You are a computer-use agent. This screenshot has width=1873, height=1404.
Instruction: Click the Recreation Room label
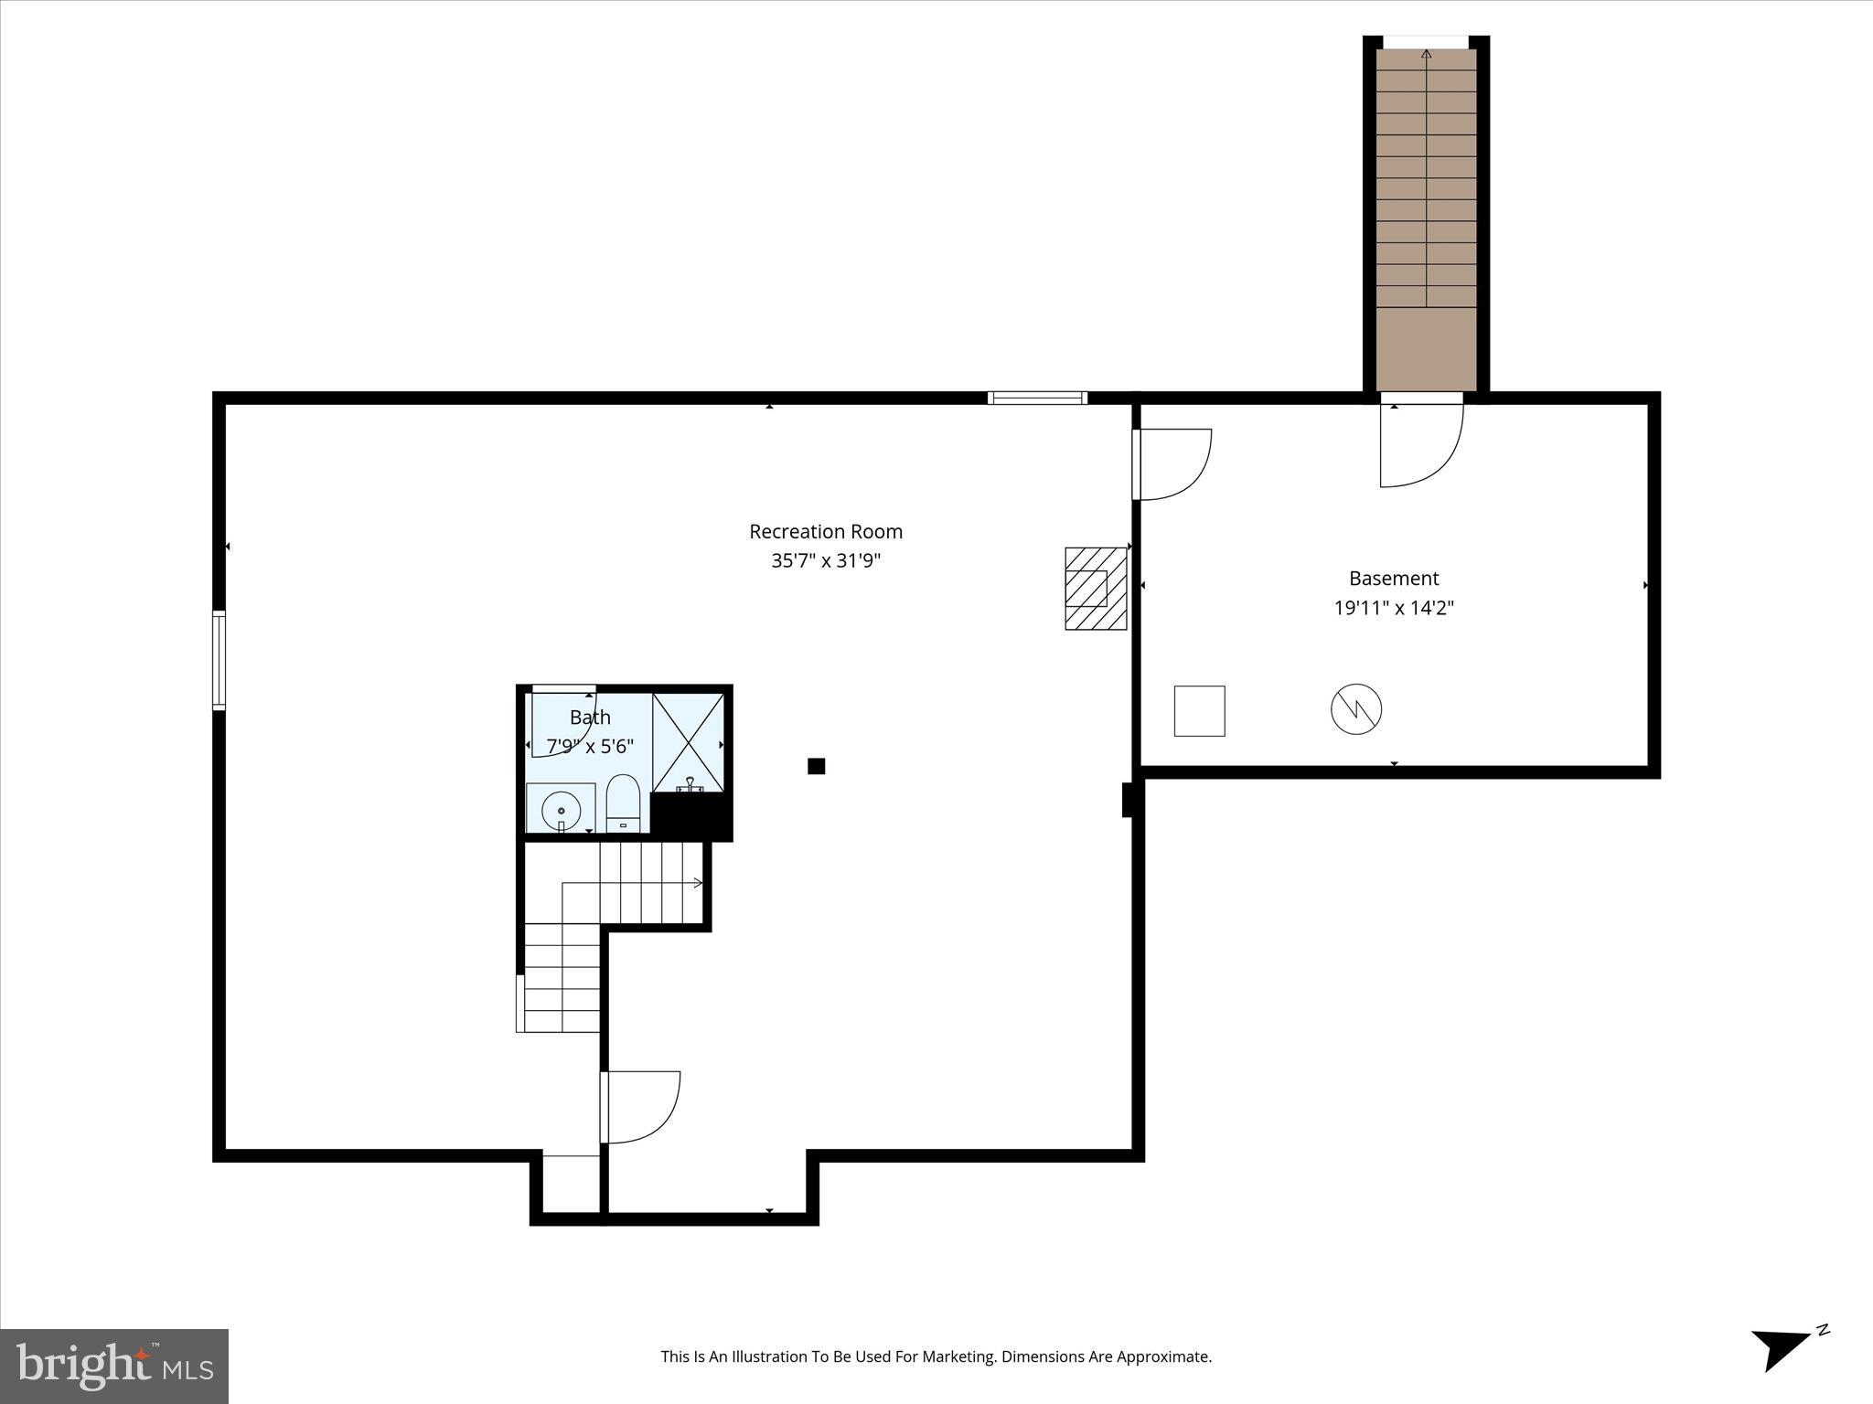point(825,531)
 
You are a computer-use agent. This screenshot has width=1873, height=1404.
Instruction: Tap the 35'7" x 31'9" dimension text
point(825,560)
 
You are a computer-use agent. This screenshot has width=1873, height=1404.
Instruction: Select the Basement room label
point(1394,578)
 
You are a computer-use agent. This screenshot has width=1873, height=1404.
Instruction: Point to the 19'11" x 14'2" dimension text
point(1394,608)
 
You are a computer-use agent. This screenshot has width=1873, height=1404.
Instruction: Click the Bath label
point(590,718)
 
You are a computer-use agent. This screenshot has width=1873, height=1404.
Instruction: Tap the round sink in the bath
point(561,810)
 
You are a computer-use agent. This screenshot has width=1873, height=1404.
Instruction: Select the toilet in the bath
point(623,802)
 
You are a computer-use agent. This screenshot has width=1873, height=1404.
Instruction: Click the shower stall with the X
point(688,741)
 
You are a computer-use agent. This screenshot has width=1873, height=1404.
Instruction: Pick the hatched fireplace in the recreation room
point(1095,588)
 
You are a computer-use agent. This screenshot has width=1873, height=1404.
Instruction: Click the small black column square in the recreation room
point(817,766)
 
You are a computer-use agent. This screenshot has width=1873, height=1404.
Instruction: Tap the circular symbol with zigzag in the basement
point(1355,708)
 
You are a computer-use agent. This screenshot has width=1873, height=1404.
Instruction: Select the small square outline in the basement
point(1199,710)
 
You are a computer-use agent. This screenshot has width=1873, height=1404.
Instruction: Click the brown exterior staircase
point(1426,219)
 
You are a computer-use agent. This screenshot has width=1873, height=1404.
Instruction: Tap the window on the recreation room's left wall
point(219,660)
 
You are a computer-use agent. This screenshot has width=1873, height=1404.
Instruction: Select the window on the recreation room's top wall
point(1037,398)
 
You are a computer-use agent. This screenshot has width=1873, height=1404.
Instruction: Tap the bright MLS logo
point(113,1367)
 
